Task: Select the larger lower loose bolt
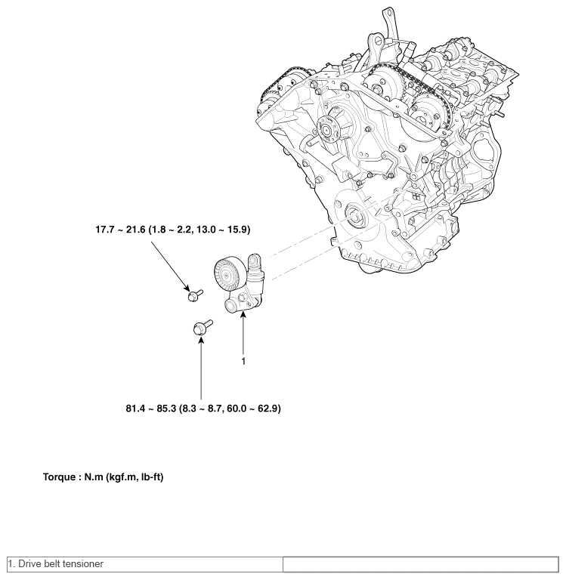[201, 327]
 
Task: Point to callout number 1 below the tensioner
[243, 361]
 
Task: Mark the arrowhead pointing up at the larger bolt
[201, 341]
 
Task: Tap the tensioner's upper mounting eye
[255, 261]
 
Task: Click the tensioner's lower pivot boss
[232, 304]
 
